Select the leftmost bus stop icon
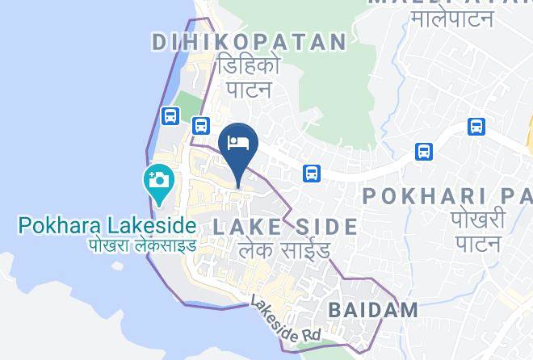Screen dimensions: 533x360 (x=170, y=116)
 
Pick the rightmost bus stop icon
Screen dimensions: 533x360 (x=476, y=127)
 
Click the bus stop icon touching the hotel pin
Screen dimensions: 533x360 (x=201, y=125)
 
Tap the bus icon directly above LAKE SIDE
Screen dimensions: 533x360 (x=311, y=173)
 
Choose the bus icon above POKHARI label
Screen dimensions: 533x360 (x=423, y=151)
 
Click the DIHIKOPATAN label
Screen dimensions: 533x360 (x=250, y=42)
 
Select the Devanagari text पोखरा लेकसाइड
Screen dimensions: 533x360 (x=143, y=244)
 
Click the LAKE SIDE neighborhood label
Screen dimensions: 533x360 (x=285, y=227)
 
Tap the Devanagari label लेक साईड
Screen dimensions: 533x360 (x=285, y=251)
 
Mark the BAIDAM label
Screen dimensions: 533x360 (x=373, y=309)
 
